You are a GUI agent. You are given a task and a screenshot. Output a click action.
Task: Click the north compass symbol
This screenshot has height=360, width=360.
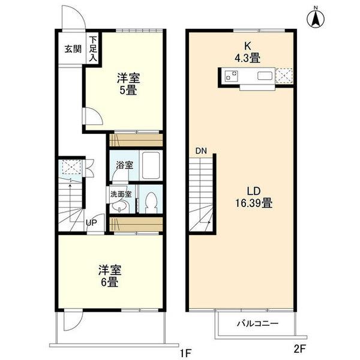click(x=314, y=17)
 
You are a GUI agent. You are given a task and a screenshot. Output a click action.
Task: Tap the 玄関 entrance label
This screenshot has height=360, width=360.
click(x=73, y=49)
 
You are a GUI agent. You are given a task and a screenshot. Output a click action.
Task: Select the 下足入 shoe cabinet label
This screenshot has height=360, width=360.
click(x=93, y=50)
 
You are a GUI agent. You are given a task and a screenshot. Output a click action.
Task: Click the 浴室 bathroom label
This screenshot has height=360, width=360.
click(x=125, y=164)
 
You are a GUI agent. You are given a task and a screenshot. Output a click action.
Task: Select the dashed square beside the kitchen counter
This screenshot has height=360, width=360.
click(x=285, y=76)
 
